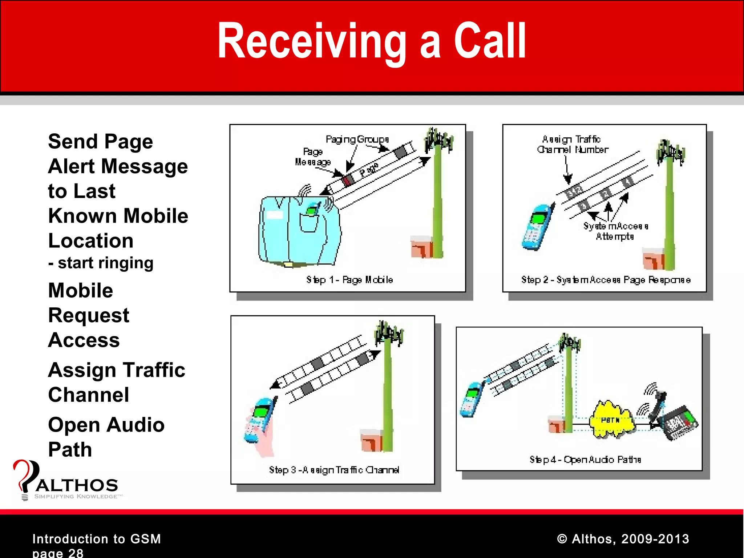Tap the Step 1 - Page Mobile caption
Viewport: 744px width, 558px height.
pyautogui.click(x=349, y=280)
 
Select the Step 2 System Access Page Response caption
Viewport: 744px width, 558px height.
pyautogui.click(x=606, y=280)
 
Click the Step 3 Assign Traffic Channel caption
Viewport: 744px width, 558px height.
pyautogui.click(x=334, y=470)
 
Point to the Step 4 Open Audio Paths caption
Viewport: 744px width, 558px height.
pyautogui.click(x=585, y=460)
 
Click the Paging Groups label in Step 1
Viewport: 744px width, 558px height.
pyautogui.click(x=357, y=139)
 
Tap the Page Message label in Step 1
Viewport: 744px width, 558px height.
pyautogui.click(x=313, y=157)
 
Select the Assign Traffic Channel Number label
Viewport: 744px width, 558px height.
pyautogui.click(x=573, y=144)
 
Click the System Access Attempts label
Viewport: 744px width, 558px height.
pyautogui.click(x=615, y=231)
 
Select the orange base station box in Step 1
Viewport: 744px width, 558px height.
pyautogui.click(x=422, y=247)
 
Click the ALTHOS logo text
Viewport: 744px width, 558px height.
pyautogui.click(x=77, y=485)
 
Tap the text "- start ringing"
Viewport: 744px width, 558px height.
pyautogui.click(x=101, y=263)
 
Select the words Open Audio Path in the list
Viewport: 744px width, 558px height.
pyautogui.click(x=106, y=437)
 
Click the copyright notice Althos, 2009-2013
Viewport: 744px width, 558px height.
pyautogui.click(x=623, y=539)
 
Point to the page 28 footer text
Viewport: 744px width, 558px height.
pyautogui.click(x=58, y=553)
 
